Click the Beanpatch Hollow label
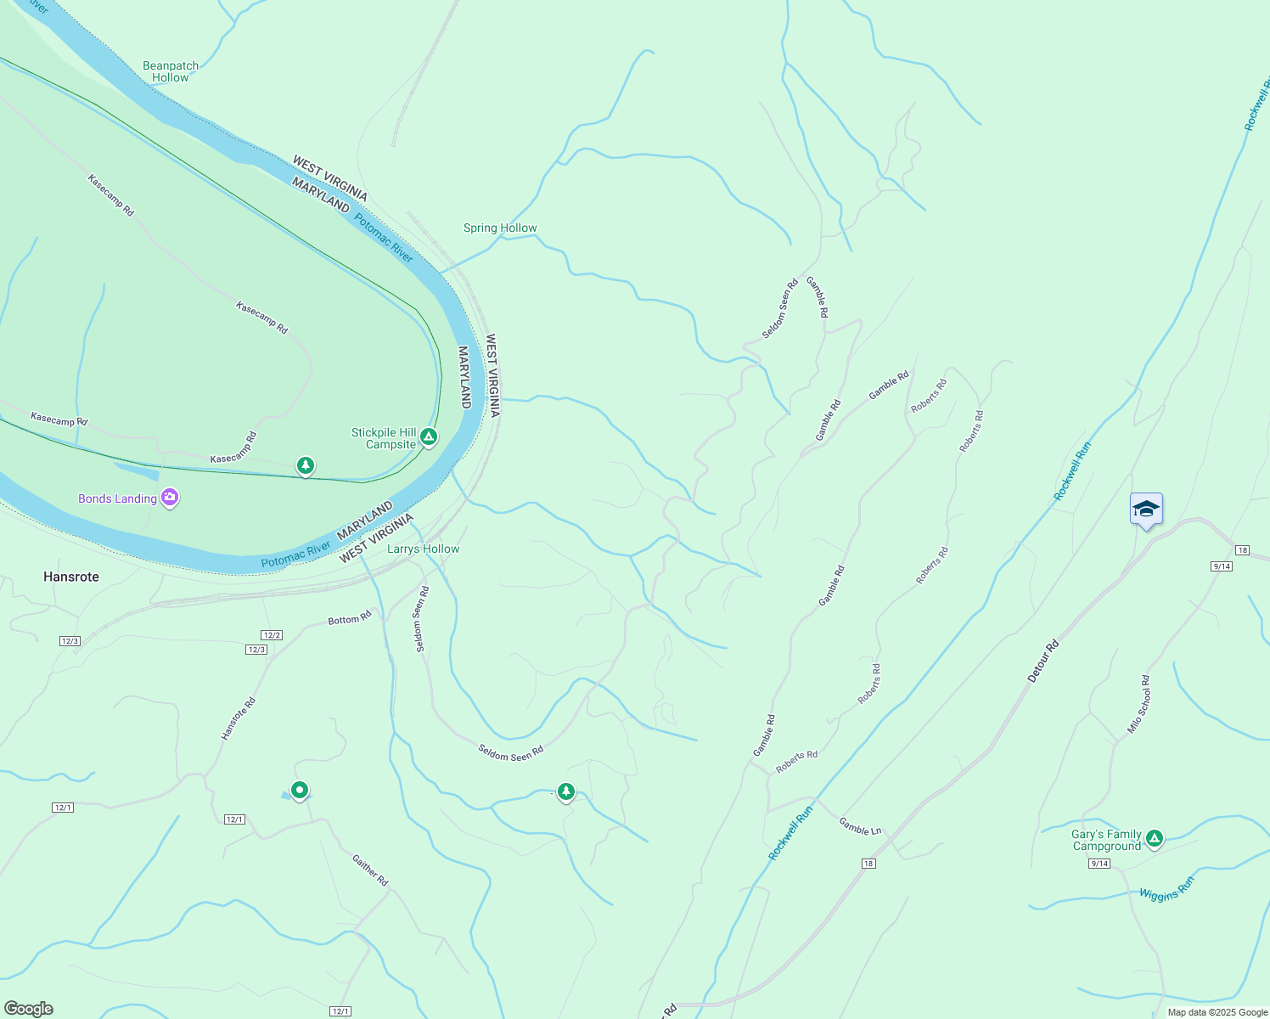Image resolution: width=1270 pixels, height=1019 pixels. [x=171, y=71]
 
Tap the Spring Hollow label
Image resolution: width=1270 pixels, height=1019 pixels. [x=500, y=228]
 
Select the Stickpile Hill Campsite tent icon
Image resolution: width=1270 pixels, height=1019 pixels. [x=430, y=437]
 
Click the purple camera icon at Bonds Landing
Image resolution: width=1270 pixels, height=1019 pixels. [x=170, y=498]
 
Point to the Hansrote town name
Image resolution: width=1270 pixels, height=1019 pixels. [x=71, y=577]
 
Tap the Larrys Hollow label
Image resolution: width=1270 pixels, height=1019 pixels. [x=423, y=549]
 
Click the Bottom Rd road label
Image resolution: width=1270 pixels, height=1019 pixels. [x=350, y=618]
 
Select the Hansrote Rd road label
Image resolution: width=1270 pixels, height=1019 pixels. [x=239, y=718]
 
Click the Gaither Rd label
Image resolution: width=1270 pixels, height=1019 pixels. [x=370, y=870]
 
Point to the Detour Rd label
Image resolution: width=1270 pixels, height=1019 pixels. [x=1043, y=662]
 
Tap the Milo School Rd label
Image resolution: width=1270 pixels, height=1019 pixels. [x=1139, y=704]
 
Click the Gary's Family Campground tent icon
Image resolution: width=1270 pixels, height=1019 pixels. [x=1154, y=839]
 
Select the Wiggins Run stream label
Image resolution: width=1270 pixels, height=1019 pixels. [x=1166, y=889]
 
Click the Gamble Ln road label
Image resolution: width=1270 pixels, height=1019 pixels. [x=860, y=825]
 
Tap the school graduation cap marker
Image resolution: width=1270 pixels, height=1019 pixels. [x=1146, y=509]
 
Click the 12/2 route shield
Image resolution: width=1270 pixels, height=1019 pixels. [x=272, y=635]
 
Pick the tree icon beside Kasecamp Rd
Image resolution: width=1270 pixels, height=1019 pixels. [x=306, y=465]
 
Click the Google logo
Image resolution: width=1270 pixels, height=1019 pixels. [x=28, y=1009]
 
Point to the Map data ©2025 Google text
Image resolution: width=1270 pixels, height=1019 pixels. [x=1217, y=1012]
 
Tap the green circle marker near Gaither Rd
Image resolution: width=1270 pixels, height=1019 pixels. [x=299, y=791]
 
